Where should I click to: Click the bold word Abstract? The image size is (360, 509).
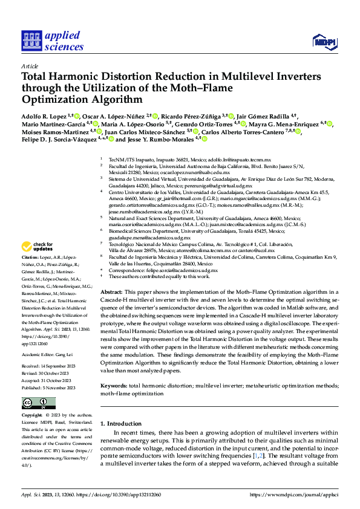point(111,291)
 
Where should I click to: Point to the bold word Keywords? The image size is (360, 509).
point(114,385)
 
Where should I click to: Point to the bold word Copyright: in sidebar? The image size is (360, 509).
point(33,416)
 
